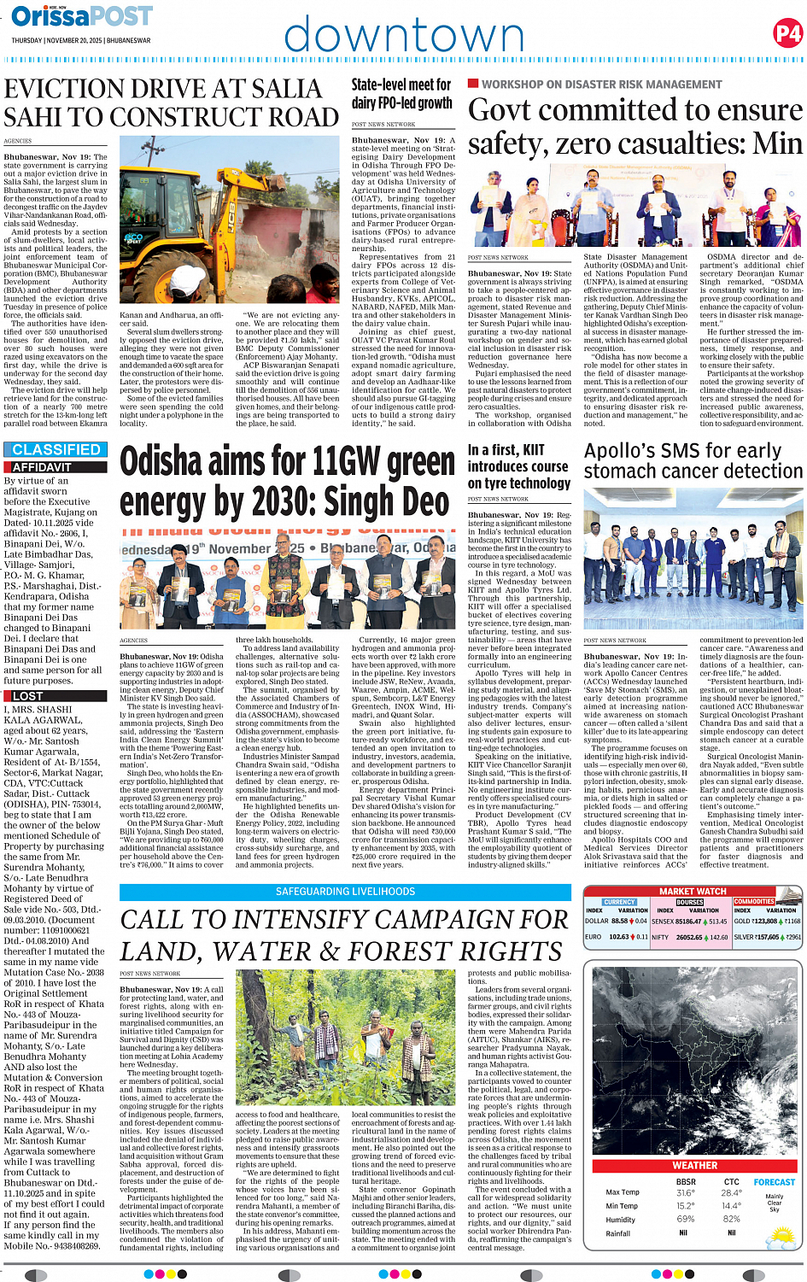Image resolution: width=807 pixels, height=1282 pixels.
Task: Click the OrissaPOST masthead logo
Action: (x=82, y=16)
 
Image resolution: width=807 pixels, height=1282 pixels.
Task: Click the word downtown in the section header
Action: (x=404, y=37)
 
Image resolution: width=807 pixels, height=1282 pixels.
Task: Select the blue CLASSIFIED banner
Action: (x=56, y=449)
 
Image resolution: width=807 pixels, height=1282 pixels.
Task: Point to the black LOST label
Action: (x=27, y=696)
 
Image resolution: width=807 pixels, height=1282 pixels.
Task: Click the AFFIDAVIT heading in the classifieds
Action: (x=42, y=467)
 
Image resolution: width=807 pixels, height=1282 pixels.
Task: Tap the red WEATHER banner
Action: (x=694, y=1165)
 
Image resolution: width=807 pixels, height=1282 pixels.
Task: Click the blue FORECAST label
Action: (x=774, y=1182)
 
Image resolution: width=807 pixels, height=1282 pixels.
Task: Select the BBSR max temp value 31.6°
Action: (x=685, y=1193)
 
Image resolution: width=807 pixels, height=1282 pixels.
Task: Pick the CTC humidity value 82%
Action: (x=731, y=1219)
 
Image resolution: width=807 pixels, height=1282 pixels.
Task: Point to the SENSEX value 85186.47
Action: (x=688, y=922)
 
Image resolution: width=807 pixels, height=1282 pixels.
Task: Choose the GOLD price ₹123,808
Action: (x=765, y=922)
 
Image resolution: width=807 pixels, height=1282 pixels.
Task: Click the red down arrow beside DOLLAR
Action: (x=632, y=922)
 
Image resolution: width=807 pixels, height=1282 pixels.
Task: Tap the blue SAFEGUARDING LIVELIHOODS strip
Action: (x=345, y=891)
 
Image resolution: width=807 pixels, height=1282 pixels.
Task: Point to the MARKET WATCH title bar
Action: (x=693, y=891)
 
